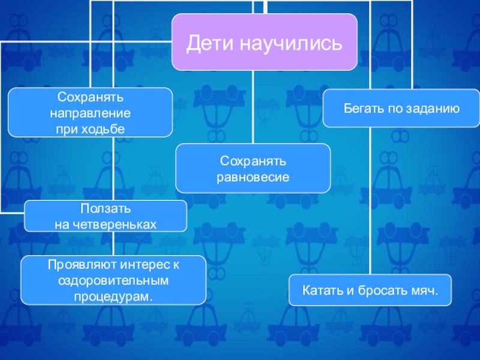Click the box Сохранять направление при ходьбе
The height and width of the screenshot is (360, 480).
pyautogui.click(x=91, y=112)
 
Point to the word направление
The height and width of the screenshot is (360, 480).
pyautogui.click(x=91, y=112)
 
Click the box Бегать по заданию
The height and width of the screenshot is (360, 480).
pyautogui.click(x=401, y=109)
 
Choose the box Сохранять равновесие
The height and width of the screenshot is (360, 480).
pyautogui.click(x=253, y=169)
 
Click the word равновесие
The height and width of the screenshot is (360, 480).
pyautogui.click(x=253, y=177)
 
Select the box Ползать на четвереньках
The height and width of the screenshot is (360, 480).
pyautogui.click(x=105, y=216)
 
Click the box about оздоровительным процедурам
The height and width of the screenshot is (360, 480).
pyautogui.click(x=114, y=280)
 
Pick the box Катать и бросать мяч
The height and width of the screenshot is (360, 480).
pyautogui.click(x=370, y=291)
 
